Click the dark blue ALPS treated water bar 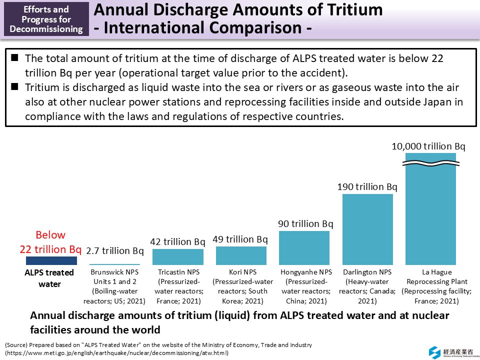click(x=51, y=260)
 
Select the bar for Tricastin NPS click(x=177, y=257)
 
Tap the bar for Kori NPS click(x=241, y=255)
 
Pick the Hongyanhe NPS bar click(x=304, y=248)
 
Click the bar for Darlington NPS click(x=367, y=229)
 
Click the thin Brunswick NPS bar click(x=114, y=264)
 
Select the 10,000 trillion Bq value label click(x=428, y=146)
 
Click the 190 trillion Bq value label click(x=367, y=187)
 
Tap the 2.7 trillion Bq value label click(x=115, y=250)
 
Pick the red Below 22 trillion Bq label click(x=50, y=242)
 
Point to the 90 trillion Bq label click(x=305, y=223)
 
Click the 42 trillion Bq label click(x=177, y=241)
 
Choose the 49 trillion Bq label click(x=240, y=239)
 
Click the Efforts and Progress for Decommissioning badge click(x=46, y=19)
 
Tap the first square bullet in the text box click(x=15, y=58)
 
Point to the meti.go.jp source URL click(x=117, y=352)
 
